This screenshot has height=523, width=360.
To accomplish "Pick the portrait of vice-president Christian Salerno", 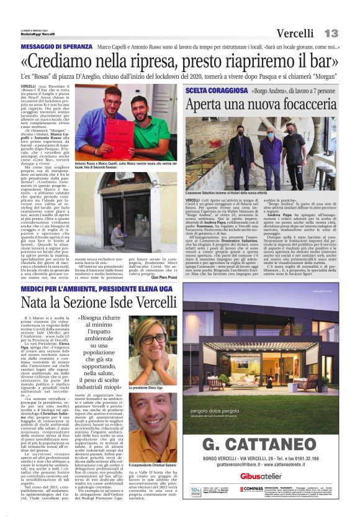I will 153,424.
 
